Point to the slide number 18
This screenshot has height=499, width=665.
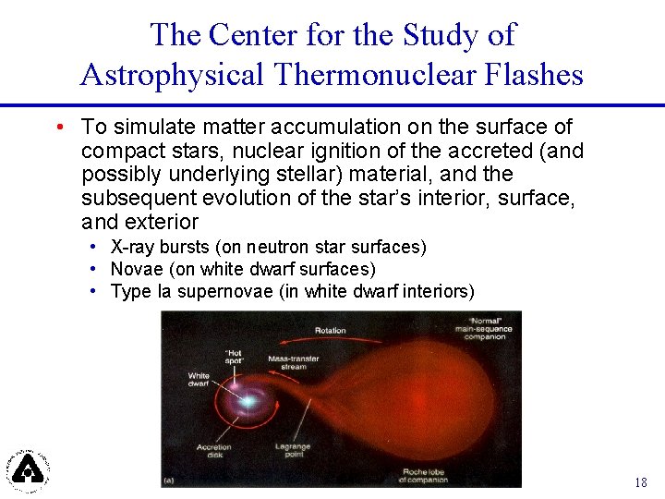tap(640, 482)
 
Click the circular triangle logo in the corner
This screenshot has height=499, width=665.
tap(29, 468)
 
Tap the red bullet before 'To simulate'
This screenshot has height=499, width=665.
tap(59, 127)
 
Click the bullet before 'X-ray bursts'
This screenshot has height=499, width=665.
tap(95, 248)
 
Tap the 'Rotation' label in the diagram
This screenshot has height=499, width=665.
tap(330, 330)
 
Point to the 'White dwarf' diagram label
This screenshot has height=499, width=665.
tap(199, 381)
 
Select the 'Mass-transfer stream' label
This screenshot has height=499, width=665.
tap(294, 361)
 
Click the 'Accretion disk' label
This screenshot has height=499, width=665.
tap(213, 451)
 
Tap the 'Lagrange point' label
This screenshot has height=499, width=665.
tap(293, 451)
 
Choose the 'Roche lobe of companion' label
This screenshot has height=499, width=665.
tap(422, 476)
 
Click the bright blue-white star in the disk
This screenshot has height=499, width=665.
tap(248, 402)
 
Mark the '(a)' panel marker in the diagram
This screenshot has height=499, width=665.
tap(169, 480)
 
